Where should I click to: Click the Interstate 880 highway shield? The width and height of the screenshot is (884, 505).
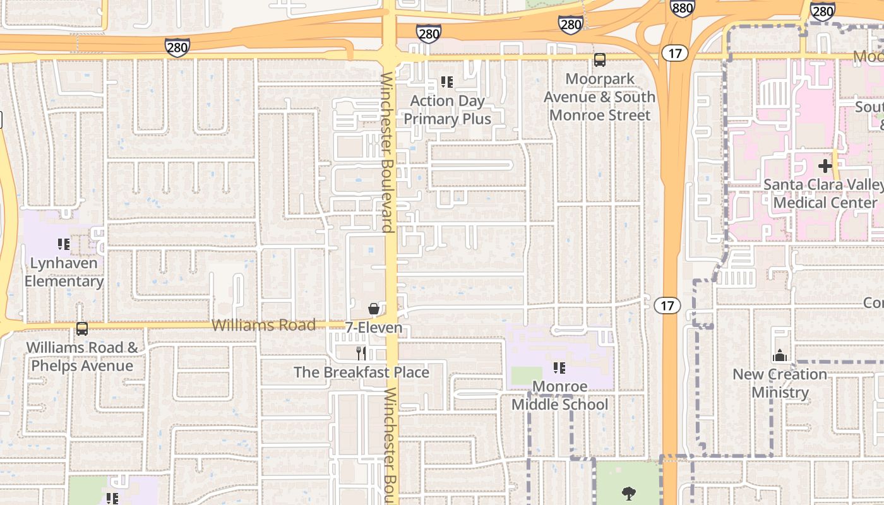pos(682,8)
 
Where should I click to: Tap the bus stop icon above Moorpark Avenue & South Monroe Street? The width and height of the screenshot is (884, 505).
pos(599,60)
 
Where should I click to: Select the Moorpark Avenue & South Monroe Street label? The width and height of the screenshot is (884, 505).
pos(599,97)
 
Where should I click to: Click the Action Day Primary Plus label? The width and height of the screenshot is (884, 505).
pos(447,110)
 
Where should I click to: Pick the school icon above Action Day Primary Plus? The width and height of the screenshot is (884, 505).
pos(447,82)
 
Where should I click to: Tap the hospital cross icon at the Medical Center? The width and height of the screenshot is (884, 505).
pos(825,167)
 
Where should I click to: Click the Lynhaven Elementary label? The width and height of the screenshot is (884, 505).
pos(64,272)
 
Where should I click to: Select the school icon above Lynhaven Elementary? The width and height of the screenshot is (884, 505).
pos(64,244)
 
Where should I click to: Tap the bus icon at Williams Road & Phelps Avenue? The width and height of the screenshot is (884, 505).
pos(82,329)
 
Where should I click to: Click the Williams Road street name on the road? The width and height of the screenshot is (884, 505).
pos(263,325)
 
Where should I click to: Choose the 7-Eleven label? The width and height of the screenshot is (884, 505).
pos(374,328)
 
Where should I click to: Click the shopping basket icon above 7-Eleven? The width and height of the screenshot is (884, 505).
pos(374,309)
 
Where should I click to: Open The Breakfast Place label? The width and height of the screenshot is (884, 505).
pos(361,372)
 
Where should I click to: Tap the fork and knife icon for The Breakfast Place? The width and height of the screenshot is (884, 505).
pos(361,353)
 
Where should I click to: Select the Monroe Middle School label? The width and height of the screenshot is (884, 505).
pos(559,395)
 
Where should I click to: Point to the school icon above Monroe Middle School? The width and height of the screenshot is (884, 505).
pos(559,367)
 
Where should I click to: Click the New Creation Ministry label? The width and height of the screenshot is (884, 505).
pos(780,383)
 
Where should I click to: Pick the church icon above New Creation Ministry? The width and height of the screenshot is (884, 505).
pos(780,356)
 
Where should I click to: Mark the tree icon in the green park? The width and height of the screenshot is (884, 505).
pos(628,492)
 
